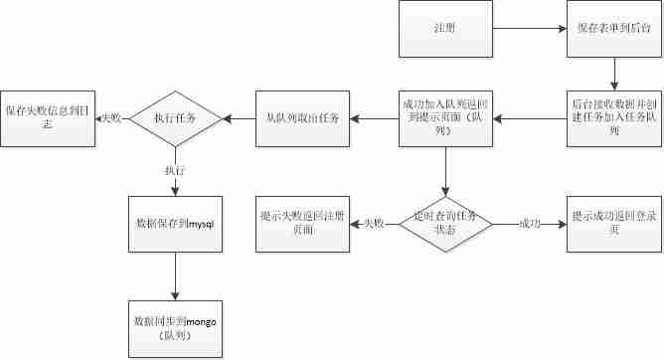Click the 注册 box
[445, 29]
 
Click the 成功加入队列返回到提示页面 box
[445, 118]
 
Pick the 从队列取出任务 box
[301, 118]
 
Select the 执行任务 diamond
[174, 118]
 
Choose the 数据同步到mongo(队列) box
[175, 327]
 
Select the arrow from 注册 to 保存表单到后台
[525, 29]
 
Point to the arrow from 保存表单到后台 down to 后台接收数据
[616, 73]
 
